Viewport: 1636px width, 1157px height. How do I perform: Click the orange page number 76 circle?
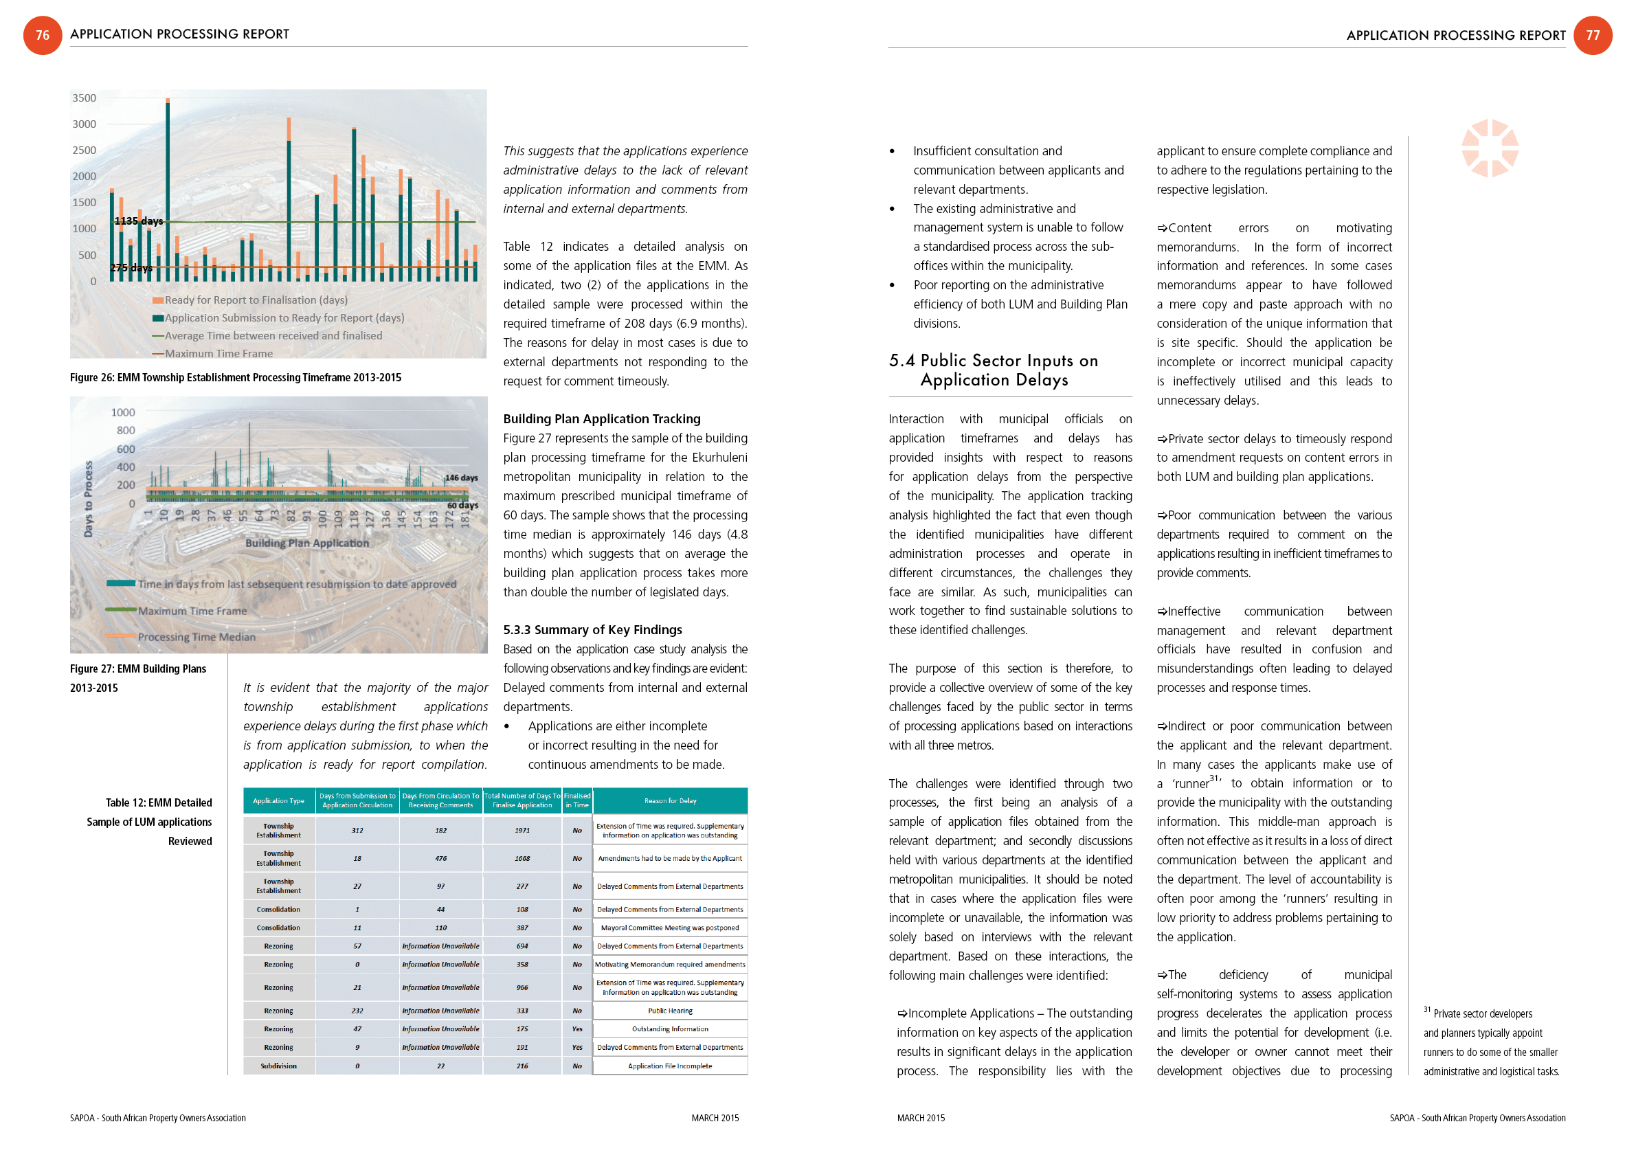pyautogui.click(x=43, y=35)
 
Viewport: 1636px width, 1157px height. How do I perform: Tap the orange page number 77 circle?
pyautogui.click(x=1592, y=35)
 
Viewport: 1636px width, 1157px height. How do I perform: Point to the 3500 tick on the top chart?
pyautogui.click(x=84, y=98)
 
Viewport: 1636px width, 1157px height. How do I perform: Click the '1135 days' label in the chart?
pyautogui.click(x=139, y=221)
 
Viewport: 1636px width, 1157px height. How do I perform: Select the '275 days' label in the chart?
pyautogui.click(x=131, y=268)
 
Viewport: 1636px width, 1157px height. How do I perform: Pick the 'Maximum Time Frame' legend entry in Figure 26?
pyautogui.click(x=218, y=353)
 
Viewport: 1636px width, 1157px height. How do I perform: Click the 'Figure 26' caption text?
pyautogui.click(x=235, y=378)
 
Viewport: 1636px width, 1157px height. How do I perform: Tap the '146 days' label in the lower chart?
pyautogui.click(x=461, y=478)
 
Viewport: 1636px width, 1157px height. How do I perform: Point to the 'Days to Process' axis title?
pyautogui.click(x=89, y=499)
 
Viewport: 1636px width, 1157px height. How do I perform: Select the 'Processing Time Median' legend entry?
pyautogui.click(x=196, y=637)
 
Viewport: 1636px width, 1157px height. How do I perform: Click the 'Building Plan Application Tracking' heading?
pyautogui.click(x=601, y=419)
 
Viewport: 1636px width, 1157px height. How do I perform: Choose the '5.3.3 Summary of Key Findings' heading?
pyautogui.click(x=592, y=630)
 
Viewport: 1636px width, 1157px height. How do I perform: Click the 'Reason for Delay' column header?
pyautogui.click(x=670, y=801)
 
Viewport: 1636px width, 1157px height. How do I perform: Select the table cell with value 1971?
pyautogui.click(x=522, y=830)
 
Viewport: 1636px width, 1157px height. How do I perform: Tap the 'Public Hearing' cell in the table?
pyautogui.click(x=670, y=1010)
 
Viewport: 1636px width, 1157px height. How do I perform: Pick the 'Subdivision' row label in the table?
pyautogui.click(x=278, y=1066)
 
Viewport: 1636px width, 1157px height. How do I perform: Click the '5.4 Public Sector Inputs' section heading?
pyautogui.click(x=994, y=370)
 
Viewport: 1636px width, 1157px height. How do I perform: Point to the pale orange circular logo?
pyautogui.click(x=1489, y=148)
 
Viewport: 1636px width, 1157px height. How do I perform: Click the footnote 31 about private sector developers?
pyautogui.click(x=1490, y=1042)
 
